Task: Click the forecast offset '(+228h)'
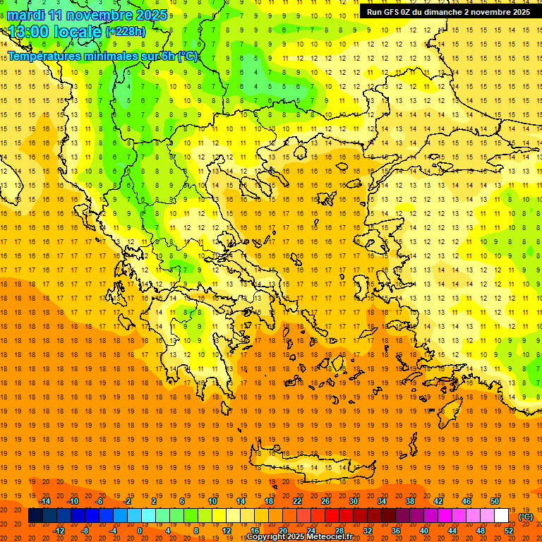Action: click(x=125, y=32)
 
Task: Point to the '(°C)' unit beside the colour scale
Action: click(x=526, y=517)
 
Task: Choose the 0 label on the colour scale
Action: click(x=140, y=531)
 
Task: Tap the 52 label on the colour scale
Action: click(x=508, y=531)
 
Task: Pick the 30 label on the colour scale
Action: click(x=353, y=501)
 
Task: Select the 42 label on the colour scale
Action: click(x=438, y=501)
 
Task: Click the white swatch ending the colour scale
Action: click(x=501, y=516)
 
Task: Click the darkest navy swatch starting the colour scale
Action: click(x=35, y=516)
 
